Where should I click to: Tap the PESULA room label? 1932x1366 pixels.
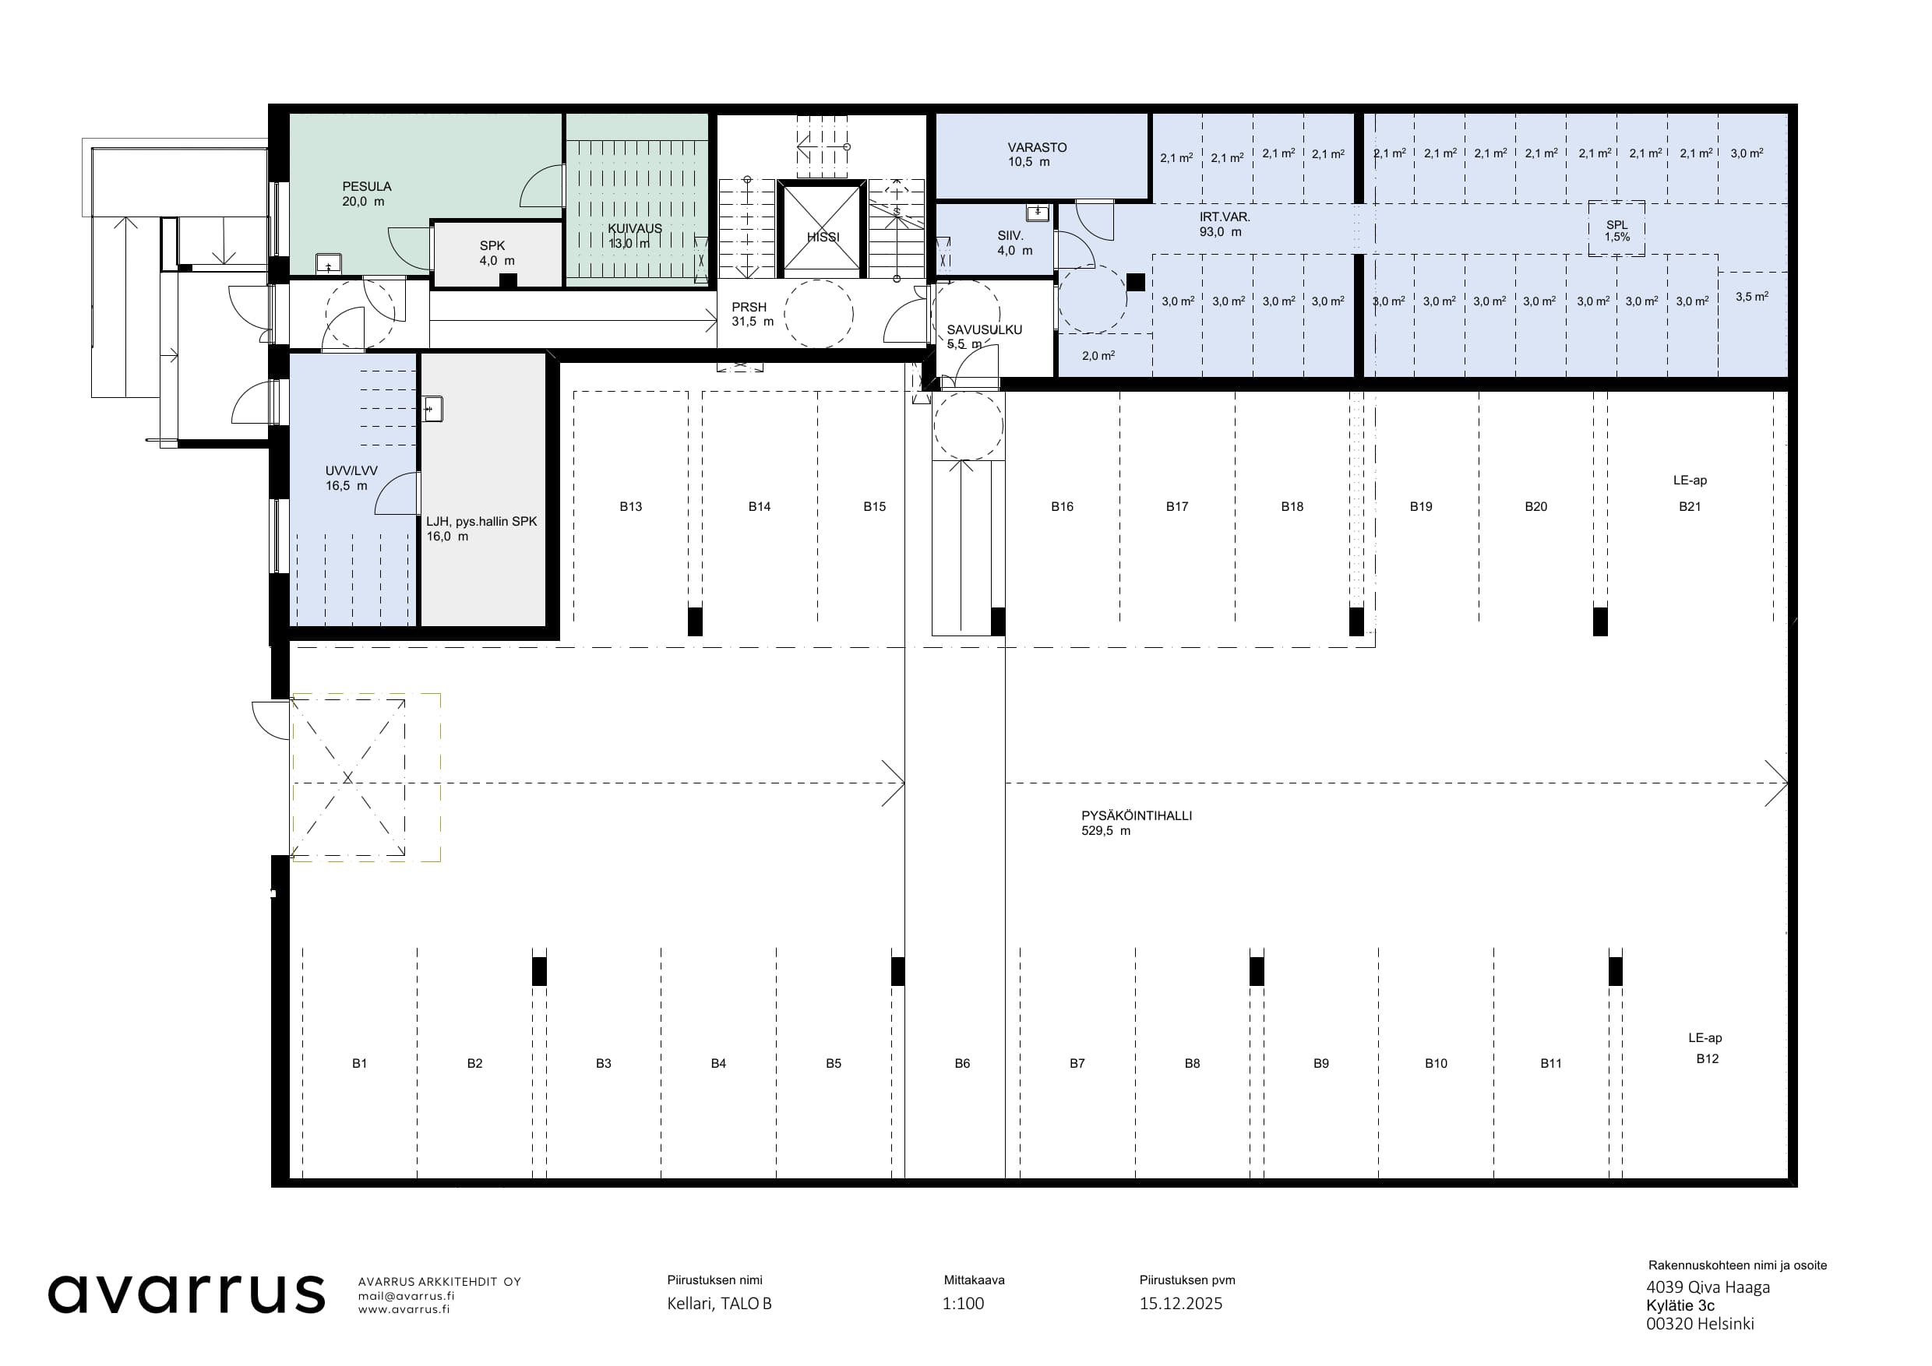click(366, 187)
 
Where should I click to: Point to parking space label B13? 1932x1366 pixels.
click(630, 506)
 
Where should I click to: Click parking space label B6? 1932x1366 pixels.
click(962, 1063)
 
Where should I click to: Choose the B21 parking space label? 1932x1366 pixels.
click(1690, 506)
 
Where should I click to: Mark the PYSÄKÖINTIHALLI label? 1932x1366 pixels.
click(1136, 815)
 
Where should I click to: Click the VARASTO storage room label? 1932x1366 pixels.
click(1037, 147)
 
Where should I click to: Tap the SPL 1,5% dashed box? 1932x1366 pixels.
click(1616, 229)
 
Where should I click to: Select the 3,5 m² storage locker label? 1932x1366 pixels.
click(1751, 296)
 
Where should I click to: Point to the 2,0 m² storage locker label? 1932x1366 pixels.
click(1098, 356)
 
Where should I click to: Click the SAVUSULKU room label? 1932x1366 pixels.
click(984, 329)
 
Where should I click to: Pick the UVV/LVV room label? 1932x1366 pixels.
click(351, 471)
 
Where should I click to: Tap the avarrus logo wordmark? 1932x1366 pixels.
click(186, 1294)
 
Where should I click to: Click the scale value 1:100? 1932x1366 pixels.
click(963, 1304)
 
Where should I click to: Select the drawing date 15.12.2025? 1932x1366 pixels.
click(1180, 1304)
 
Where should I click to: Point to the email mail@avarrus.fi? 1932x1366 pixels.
click(406, 1296)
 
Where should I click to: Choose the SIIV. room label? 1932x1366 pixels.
click(1010, 236)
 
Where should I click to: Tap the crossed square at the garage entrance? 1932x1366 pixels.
click(347, 777)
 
